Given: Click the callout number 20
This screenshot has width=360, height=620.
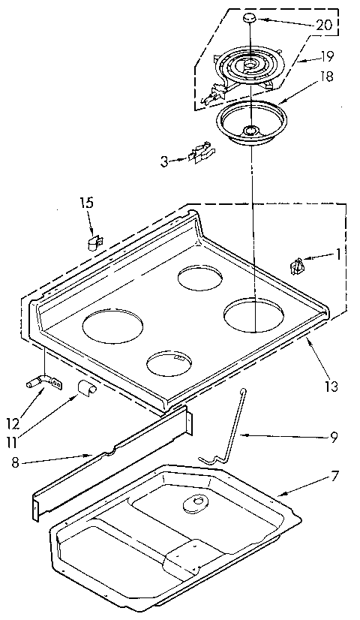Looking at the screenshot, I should tap(324, 24).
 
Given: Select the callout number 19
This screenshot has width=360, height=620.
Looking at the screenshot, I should tap(327, 56).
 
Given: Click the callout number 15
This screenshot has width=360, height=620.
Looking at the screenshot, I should tap(88, 202).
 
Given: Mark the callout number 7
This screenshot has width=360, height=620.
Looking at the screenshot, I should tap(334, 477).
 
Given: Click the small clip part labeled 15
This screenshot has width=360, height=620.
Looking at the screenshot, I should tap(93, 242).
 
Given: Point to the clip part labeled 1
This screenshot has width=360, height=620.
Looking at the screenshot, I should tap(297, 266).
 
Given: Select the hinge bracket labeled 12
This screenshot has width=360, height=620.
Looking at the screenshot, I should tap(45, 382).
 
